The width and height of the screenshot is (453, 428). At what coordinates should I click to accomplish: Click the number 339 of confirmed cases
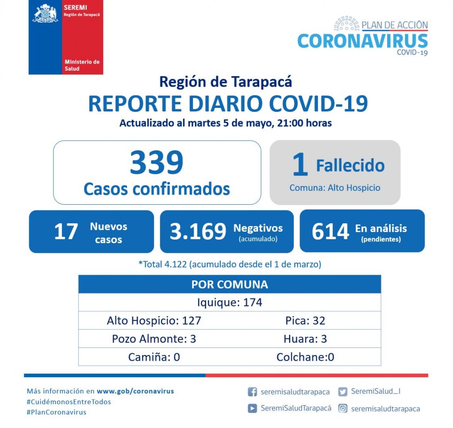[157, 162]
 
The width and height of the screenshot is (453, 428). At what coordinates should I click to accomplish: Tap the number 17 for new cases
[66, 232]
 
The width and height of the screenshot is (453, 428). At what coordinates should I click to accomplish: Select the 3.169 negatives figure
[198, 231]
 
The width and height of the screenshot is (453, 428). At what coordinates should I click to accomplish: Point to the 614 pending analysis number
[330, 231]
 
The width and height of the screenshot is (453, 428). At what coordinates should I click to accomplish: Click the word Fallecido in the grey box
[350, 165]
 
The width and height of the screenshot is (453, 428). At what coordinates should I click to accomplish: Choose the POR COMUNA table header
[230, 284]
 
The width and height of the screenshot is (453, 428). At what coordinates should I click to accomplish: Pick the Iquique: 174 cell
[230, 302]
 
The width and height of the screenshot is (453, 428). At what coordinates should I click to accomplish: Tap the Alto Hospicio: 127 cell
[154, 321]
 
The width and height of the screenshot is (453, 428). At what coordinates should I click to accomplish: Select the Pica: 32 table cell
[305, 321]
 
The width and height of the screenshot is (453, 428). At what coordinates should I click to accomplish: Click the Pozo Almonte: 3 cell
[154, 339]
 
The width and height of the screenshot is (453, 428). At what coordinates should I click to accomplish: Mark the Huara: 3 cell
[305, 339]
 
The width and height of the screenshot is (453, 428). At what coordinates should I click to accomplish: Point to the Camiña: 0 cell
[154, 357]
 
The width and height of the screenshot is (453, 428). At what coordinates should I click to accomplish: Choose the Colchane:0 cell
[305, 357]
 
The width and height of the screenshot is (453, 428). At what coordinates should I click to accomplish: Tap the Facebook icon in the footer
[253, 392]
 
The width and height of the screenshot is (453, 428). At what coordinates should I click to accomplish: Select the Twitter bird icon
[343, 392]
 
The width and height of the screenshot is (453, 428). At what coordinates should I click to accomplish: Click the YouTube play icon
[253, 409]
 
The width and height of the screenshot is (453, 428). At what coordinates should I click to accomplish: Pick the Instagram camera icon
[343, 409]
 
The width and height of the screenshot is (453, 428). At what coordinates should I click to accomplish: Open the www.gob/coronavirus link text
[135, 391]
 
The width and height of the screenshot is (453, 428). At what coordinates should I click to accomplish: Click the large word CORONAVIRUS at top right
[363, 41]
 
